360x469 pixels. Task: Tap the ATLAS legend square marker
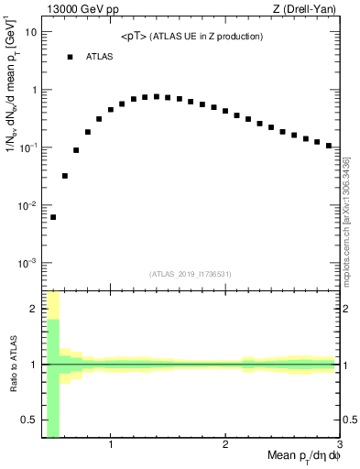pos(70,57)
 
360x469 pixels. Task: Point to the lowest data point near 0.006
pos(53,217)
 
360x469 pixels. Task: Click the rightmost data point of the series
pos(329,146)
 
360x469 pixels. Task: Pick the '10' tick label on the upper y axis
pos(31,32)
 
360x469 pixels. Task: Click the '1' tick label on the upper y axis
pos(34,90)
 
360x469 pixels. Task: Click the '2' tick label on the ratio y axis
pos(34,309)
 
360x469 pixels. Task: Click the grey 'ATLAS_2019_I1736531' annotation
pos(191,273)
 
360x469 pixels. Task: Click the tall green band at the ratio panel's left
pos(53,376)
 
